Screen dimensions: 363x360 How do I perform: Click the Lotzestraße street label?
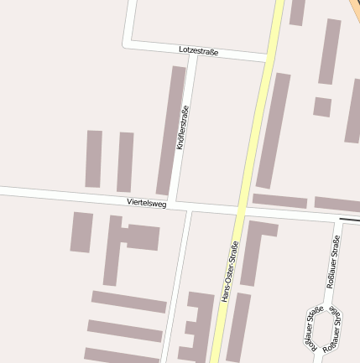coord(199,51)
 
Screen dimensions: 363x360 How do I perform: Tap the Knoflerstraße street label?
coord(183,127)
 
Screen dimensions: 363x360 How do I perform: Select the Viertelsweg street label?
coord(147,203)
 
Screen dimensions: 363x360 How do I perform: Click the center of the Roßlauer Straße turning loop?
coord(321,328)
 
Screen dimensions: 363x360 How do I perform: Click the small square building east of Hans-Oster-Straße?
coord(322,106)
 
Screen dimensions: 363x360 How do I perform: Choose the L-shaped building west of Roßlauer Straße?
coord(255,248)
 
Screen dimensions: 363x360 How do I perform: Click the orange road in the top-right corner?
coord(354,7)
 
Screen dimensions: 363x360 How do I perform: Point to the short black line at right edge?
coord(350,220)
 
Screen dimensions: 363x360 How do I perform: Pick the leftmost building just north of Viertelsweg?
coord(94,158)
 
